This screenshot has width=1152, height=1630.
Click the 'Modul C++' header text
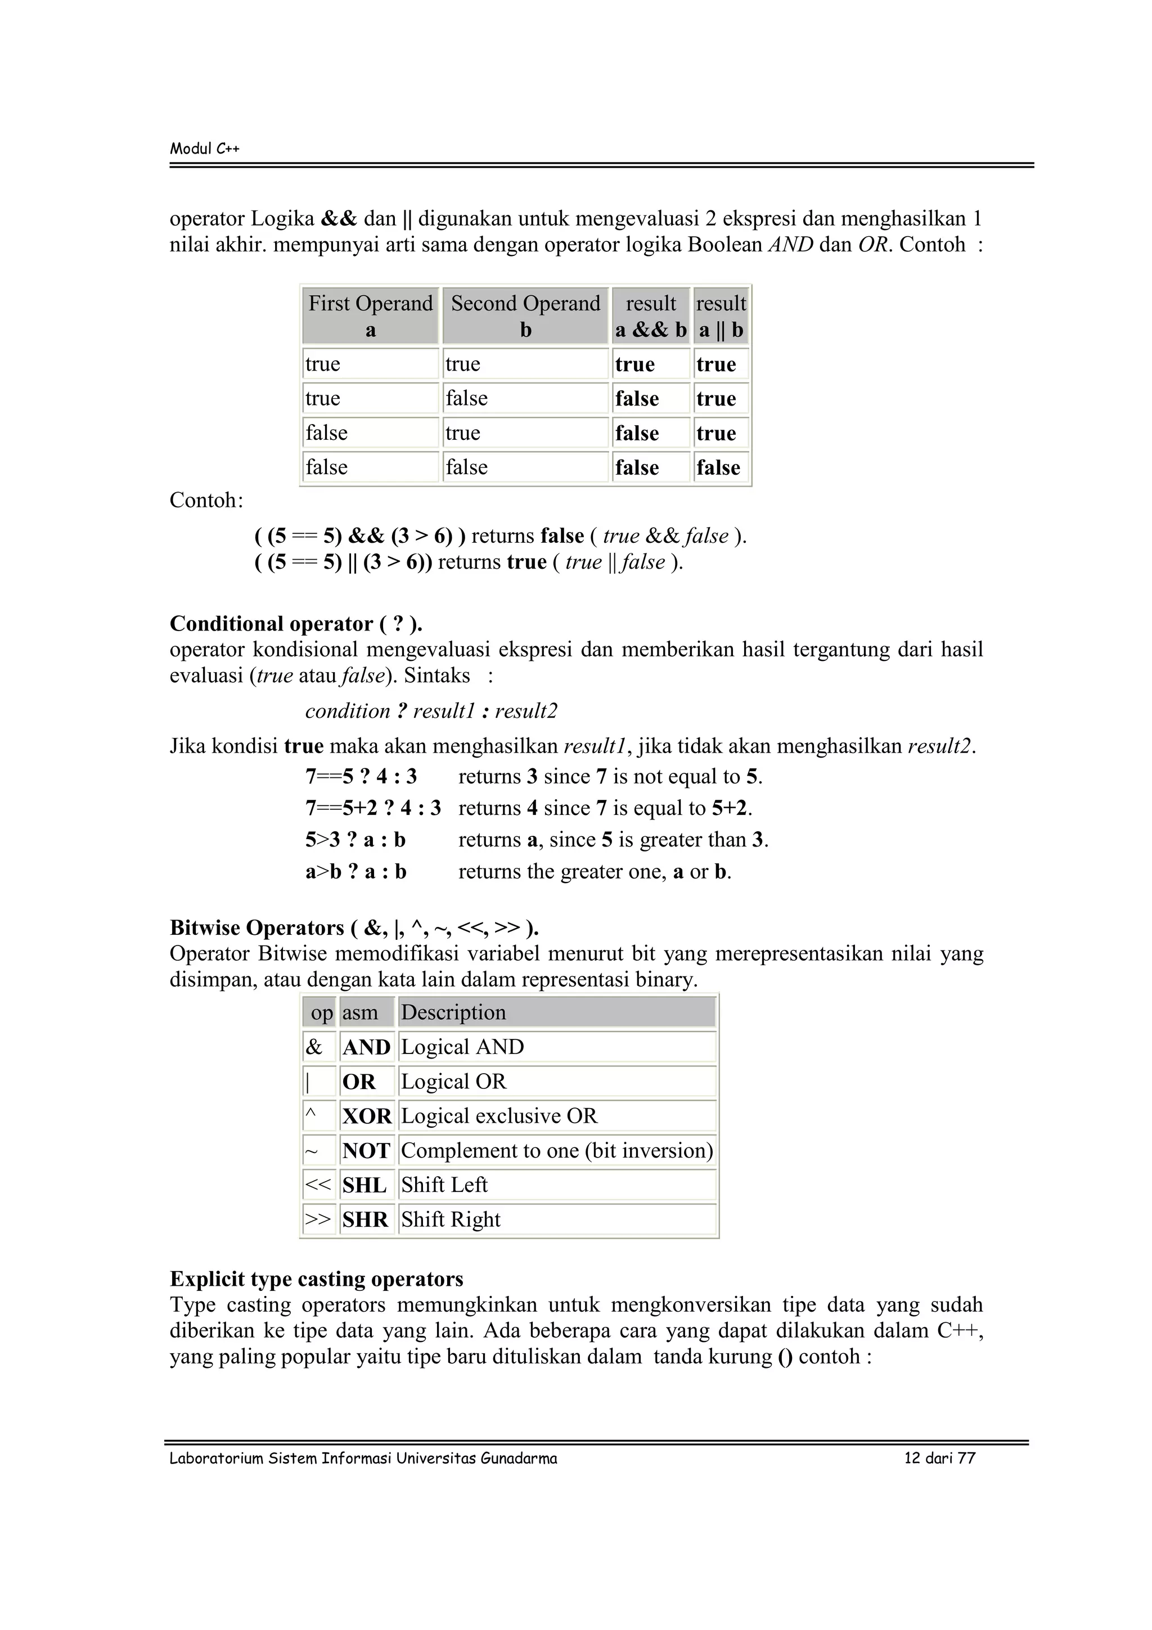pos(204,148)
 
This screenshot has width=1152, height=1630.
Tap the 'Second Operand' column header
pos(525,304)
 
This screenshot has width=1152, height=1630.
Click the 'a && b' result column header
pos(651,330)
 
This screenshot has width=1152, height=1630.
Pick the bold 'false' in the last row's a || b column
pos(718,467)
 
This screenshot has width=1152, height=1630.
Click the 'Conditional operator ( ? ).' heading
pos(296,623)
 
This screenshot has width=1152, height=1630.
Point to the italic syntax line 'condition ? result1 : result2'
pos(431,710)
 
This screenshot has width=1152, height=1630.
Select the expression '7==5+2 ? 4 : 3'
pos(372,808)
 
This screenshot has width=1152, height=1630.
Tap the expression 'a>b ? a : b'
pos(355,871)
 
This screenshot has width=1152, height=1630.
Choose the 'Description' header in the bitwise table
pos(453,1012)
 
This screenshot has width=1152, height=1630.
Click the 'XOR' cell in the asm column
pos(366,1116)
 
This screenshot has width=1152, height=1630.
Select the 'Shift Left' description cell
pos(444,1185)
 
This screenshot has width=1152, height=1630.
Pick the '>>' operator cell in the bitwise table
pos(318,1219)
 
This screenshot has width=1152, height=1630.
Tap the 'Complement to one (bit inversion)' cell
pos(556,1150)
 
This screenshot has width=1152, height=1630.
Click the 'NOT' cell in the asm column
pos(366,1150)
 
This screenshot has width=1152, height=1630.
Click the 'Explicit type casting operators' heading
pos(317,1278)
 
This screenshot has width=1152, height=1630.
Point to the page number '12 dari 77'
pos(939,1458)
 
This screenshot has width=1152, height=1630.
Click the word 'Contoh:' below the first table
pos(206,501)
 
